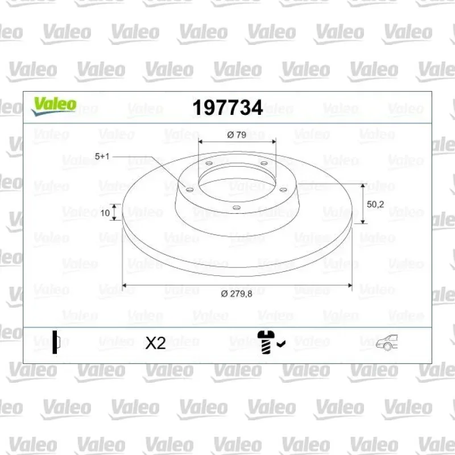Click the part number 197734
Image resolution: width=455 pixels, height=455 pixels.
tap(227, 107)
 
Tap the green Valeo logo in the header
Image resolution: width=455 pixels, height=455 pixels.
tap(54, 106)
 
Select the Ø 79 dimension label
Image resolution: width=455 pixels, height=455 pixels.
tap(237, 135)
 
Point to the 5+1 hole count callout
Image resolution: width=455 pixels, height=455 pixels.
tap(102, 156)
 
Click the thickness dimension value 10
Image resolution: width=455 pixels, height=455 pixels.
tap(105, 213)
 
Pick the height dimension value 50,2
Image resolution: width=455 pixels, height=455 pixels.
tap(375, 204)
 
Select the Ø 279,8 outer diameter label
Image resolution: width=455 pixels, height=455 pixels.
tap(237, 294)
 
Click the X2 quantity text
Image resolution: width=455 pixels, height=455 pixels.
tap(155, 343)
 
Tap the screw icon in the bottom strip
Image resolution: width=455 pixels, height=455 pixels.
tap(265, 342)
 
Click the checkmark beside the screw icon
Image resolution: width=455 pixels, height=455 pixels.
tap(281, 344)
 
